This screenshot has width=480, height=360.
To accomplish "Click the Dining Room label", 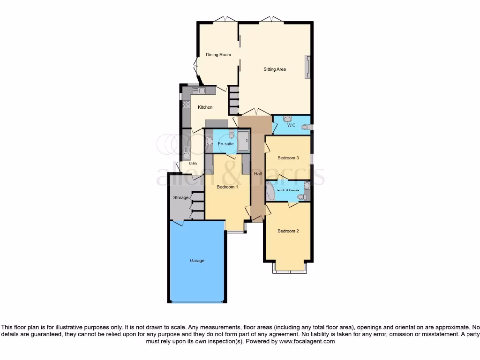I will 218,55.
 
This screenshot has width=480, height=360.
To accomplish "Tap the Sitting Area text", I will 274,69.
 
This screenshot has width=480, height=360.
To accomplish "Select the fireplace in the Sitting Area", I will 308,66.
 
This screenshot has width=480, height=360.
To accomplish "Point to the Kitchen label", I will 205,107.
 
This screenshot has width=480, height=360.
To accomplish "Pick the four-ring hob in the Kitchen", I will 186,105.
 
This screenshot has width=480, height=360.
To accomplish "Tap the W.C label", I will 291,125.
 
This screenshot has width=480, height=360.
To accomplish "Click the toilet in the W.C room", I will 306,127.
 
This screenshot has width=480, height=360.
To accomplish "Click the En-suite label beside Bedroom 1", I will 225,144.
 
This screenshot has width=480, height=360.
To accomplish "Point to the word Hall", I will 258,174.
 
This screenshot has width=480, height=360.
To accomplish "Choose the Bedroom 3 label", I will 288,158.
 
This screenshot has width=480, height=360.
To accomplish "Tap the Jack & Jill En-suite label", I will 287,190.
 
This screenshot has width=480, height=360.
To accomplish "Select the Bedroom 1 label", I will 227,187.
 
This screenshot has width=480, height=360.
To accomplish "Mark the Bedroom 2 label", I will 288,231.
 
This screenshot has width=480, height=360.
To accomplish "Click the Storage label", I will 180,198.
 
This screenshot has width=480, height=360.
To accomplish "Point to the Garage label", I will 197,261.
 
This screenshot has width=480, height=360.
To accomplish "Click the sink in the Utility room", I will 186,150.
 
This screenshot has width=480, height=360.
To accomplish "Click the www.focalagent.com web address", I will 307,342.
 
